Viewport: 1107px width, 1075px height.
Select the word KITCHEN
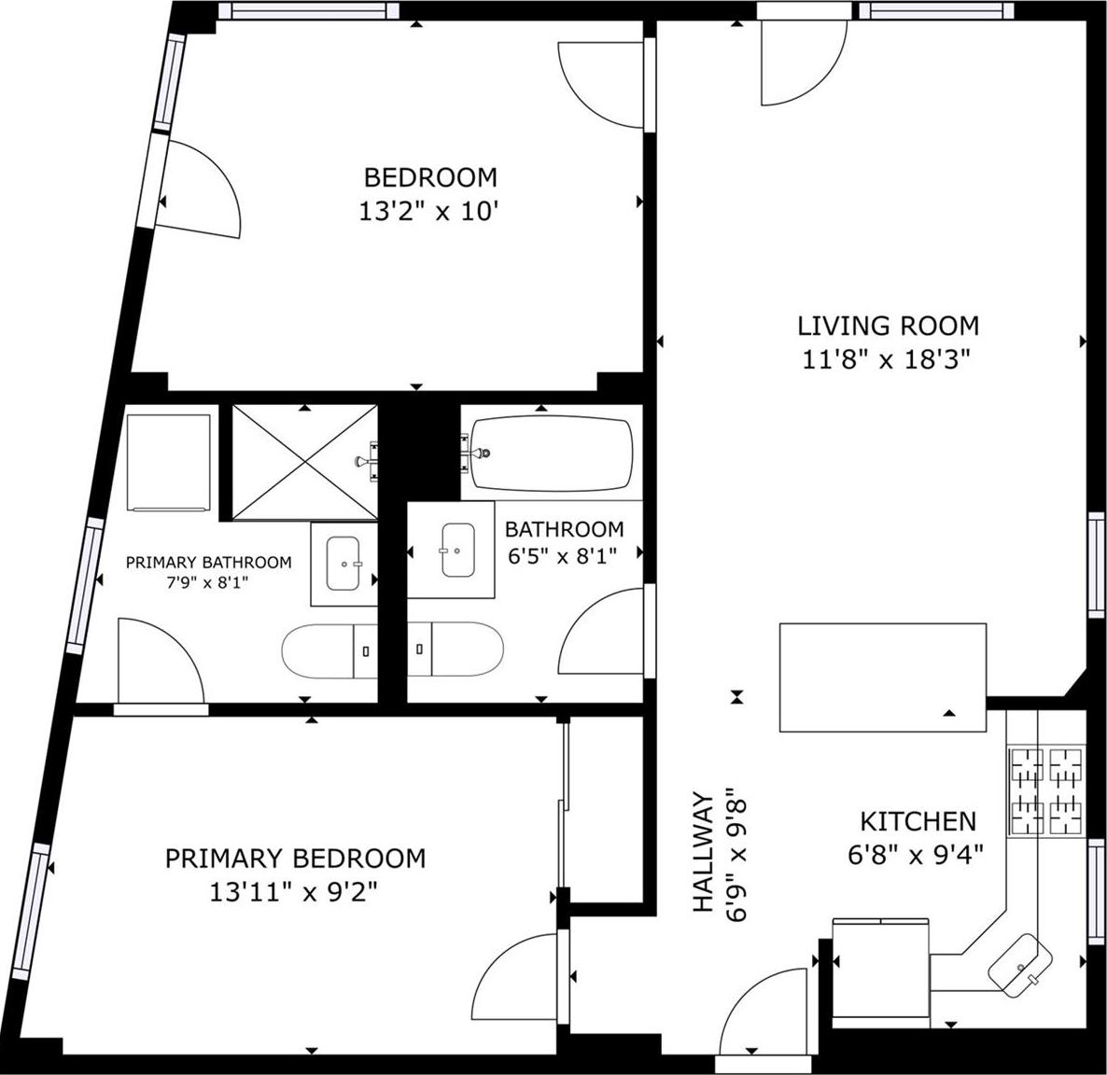point(918,821)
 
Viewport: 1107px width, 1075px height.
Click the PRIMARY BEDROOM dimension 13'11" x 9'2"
point(293,892)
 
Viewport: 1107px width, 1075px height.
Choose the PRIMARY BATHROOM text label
point(208,562)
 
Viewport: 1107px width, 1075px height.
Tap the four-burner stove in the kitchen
point(1045,790)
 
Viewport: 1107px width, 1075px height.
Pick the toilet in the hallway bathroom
point(456,649)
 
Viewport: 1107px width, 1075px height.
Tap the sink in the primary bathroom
point(343,564)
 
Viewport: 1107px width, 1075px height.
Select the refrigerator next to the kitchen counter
point(880,968)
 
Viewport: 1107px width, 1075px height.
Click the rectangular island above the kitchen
point(882,677)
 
